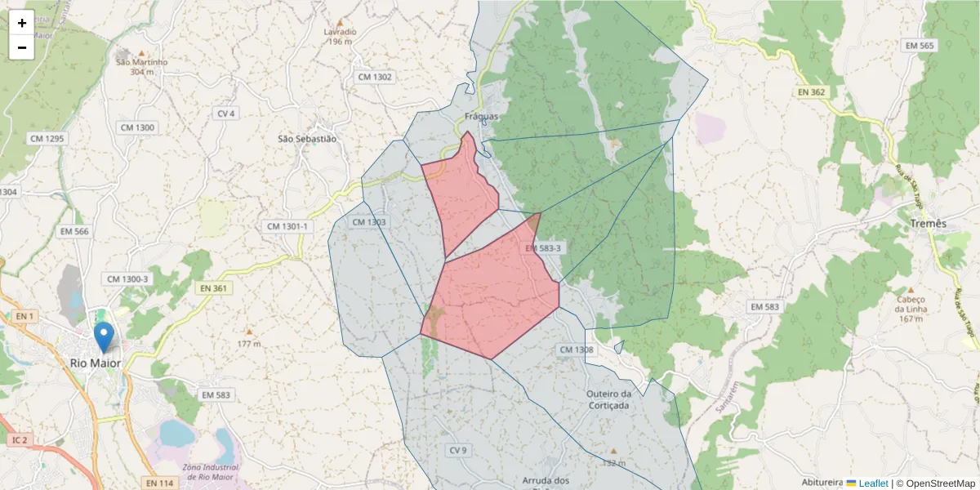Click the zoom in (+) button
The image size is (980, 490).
(x=22, y=23)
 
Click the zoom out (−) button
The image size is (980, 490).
(x=22, y=47)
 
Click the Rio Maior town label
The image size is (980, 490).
(x=95, y=363)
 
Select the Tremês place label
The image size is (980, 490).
(x=928, y=224)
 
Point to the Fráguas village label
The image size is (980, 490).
(x=481, y=117)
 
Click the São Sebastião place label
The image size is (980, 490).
(x=307, y=139)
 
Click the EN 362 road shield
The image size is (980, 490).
(x=812, y=92)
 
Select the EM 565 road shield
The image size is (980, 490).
(x=919, y=46)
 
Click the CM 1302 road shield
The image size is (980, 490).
(x=375, y=77)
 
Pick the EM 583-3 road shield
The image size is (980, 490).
(x=544, y=247)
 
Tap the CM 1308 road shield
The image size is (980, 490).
(x=577, y=350)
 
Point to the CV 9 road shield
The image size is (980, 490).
(x=457, y=450)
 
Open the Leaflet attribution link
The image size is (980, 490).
(x=872, y=483)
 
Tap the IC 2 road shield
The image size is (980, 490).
(x=20, y=440)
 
